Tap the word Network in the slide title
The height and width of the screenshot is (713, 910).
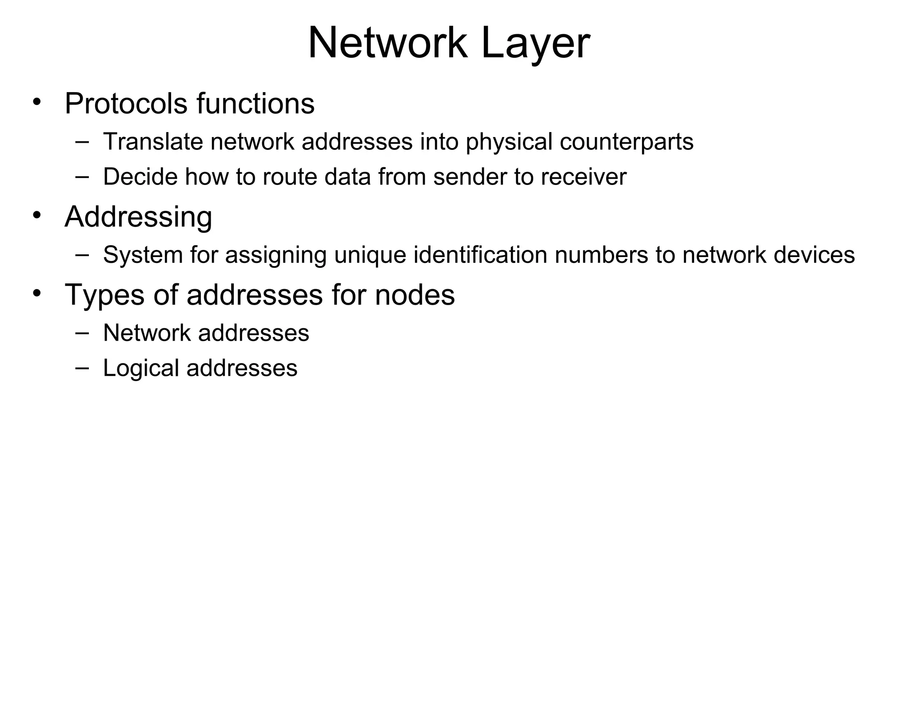click(387, 43)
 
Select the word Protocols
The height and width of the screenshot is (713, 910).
click(127, 104)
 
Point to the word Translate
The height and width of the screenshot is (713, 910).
click(153, 142)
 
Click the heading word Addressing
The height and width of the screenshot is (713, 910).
click(138, 218)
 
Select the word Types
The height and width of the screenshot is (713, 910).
click(104, 295)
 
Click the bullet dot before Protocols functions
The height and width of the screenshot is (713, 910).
click(37, 101)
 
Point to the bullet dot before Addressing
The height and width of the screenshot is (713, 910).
click(37, 215)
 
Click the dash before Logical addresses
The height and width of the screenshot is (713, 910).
click(82, 367)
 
